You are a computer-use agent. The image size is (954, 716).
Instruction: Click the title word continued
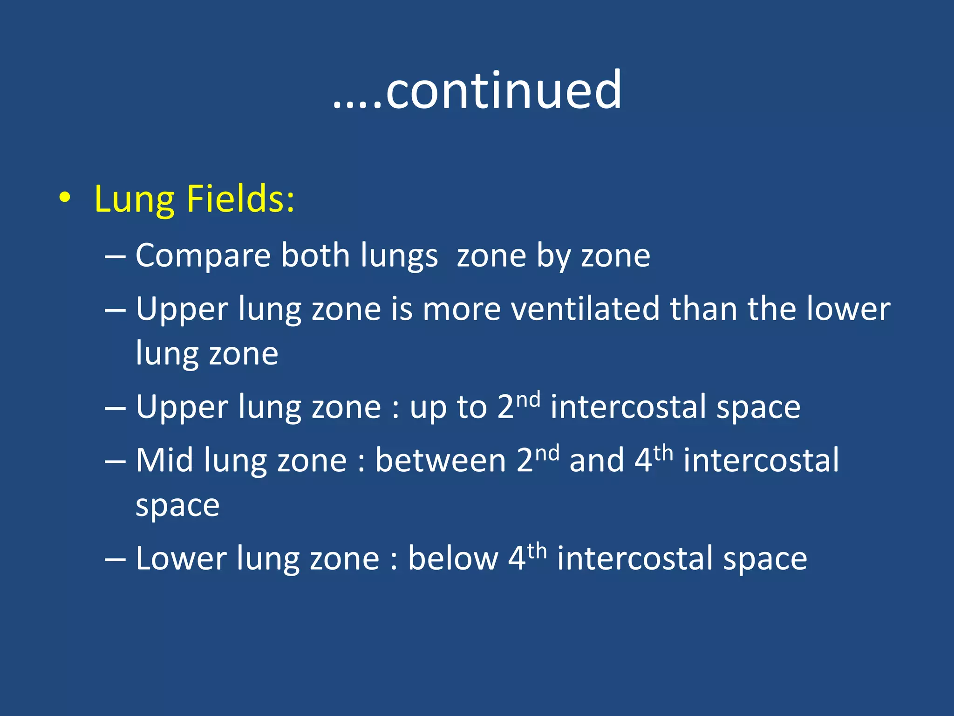503,90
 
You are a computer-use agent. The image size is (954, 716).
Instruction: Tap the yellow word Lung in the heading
134,200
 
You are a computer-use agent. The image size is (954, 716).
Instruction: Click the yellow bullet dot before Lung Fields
65,198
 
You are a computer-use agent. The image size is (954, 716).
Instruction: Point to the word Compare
203,256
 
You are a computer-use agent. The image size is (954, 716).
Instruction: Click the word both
315,256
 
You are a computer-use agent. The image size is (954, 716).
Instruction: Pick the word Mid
164,460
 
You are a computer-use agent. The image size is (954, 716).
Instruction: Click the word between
440,460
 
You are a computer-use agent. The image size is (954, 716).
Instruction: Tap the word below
453,558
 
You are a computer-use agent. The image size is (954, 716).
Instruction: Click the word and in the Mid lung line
596,460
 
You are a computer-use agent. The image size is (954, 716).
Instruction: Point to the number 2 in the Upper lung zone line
505,407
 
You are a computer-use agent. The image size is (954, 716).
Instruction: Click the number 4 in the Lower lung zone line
517,558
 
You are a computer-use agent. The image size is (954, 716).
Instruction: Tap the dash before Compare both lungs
115,256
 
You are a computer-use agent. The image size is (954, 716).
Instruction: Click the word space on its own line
177,506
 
